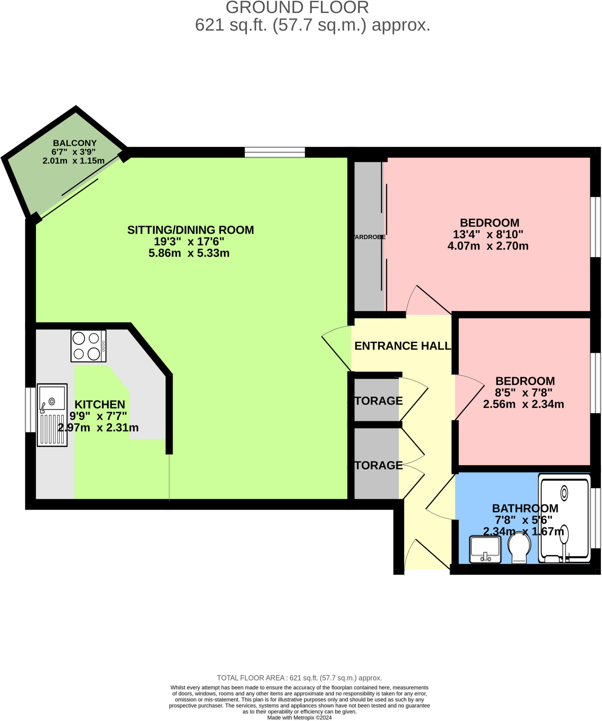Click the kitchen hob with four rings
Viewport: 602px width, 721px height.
88,346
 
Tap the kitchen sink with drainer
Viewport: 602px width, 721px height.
52,415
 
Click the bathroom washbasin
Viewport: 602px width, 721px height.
485,549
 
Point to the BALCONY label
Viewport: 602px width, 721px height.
75,143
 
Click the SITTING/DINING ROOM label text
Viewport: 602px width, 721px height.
190,230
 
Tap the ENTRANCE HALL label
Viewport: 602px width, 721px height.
402,346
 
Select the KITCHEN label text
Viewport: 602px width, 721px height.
100,404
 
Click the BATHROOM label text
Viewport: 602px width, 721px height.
525,508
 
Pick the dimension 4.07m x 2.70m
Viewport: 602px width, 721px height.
488,246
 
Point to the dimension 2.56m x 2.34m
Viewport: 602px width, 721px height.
523,404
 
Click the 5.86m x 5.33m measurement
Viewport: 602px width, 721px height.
189,253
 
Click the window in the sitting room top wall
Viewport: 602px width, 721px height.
275,152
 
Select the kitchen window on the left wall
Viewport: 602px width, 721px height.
30,410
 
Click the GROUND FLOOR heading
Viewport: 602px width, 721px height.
297,8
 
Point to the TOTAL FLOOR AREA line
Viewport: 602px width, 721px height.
299,678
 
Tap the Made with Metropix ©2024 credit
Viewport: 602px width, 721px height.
299,717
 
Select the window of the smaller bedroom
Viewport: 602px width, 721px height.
595,383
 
